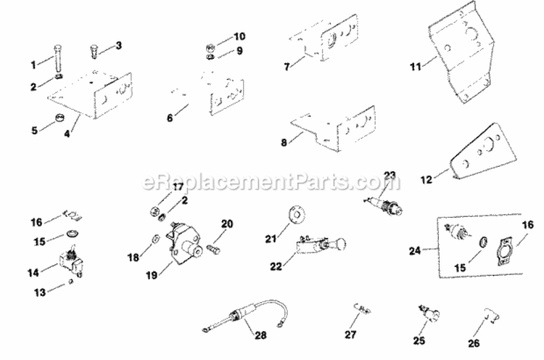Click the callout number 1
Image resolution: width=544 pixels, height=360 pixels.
(33, 65)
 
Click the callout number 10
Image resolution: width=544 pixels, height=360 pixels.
(240, 36)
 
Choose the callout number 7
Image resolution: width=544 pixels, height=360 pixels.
(288, 66)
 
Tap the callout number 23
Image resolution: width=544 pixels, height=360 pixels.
(390, 175)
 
